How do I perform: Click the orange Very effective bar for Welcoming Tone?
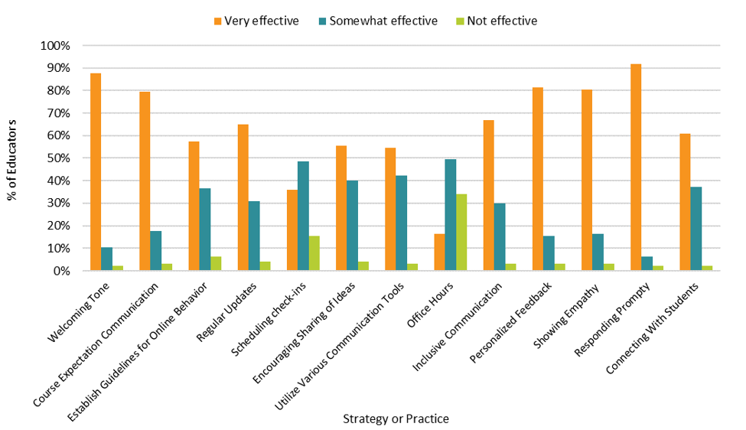coord(96,172)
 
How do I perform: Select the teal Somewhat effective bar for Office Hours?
coord(451,215)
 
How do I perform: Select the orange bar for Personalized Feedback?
coord(538,179)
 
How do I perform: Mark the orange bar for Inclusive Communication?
coord(489,195)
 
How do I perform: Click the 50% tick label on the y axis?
coord(57,158)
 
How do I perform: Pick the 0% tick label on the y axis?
coord(60,271)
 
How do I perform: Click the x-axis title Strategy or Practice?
coord(395,419)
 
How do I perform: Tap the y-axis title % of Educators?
coord(13,159)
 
